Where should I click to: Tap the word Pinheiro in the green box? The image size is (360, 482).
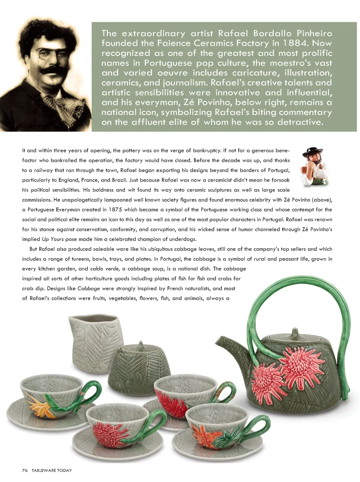click(314, 33)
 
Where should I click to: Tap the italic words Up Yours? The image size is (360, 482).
click(53, 239)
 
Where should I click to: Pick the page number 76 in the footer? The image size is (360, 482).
click(25, 470)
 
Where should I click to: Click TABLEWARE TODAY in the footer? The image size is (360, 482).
click(52, 470)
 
